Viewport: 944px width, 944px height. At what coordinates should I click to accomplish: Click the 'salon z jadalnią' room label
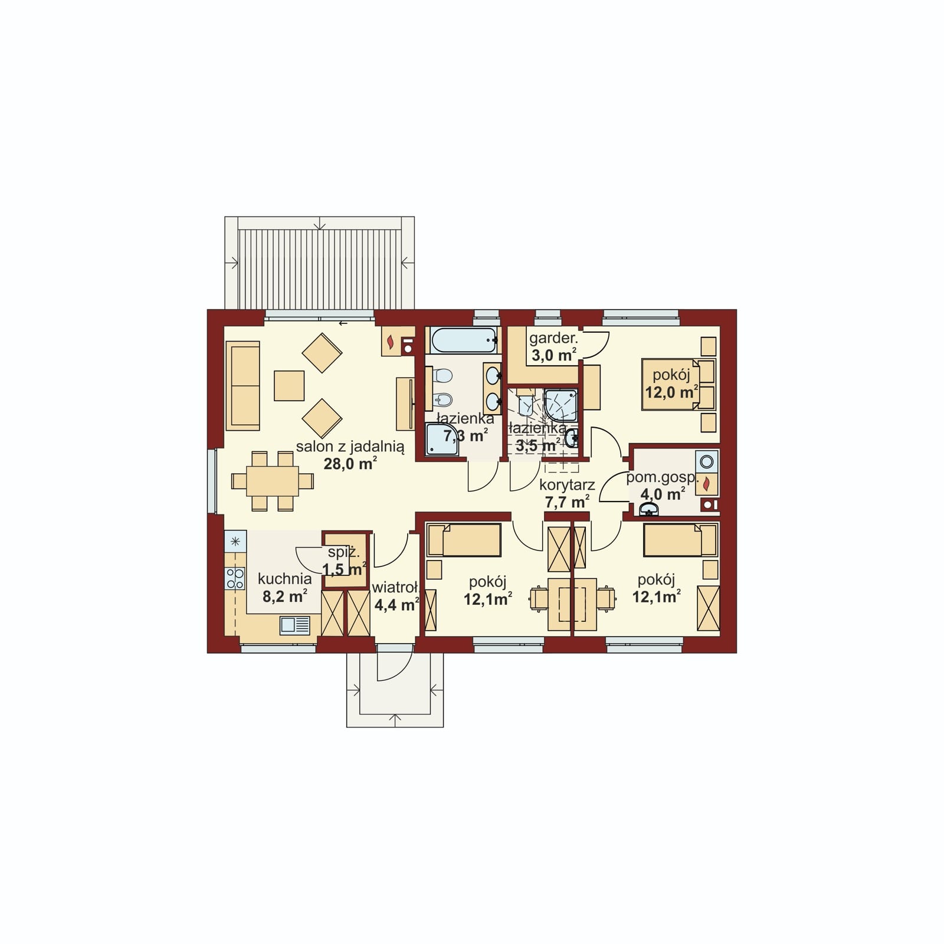350,447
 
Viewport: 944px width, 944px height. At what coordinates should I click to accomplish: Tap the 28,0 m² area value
350,464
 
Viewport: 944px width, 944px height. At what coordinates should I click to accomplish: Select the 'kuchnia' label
284,579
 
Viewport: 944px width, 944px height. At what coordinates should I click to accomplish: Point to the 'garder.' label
553,338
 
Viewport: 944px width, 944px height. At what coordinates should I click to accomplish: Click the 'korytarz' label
567,485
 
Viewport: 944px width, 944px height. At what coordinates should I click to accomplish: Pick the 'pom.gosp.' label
662,478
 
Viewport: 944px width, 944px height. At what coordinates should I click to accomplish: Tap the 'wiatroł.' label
395,588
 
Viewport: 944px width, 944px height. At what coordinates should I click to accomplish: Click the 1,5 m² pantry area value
344,569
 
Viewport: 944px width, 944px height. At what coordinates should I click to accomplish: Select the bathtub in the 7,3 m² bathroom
463,340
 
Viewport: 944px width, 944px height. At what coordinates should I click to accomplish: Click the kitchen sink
294,625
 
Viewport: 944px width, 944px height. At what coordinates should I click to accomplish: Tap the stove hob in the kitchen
235,578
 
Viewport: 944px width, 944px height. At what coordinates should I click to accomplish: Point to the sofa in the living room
242,385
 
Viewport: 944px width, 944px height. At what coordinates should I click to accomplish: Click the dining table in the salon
272,481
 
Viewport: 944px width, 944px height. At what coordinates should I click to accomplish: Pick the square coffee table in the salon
289,386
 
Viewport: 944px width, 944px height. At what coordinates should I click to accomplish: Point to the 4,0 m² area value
663,494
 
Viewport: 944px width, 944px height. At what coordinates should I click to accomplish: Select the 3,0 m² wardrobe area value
553,355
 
